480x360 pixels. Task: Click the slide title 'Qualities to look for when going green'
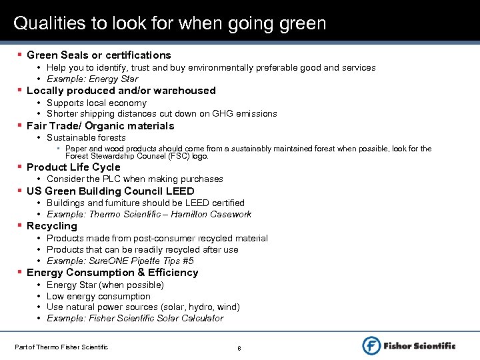pos(170,24)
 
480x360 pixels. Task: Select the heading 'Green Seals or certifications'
pos(99,55)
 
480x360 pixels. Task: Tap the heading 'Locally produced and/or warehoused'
pos(121,91)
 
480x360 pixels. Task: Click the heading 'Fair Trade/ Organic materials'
pos(100,126)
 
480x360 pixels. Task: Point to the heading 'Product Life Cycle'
pos(73,167)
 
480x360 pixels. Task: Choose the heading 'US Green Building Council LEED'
pos(111,191)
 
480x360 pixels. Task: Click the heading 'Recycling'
pos(52,226)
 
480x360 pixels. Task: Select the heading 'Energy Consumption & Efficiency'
pos(113,273)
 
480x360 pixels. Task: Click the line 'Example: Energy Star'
pos(92,79)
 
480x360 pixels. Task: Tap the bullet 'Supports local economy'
pos(97,103)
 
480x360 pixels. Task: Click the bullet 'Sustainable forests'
pos(86,138)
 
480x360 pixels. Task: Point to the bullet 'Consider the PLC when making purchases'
pos(135,179)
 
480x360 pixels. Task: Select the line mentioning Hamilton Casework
pos(149,215)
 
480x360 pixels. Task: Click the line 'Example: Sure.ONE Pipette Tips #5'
pos(120,261)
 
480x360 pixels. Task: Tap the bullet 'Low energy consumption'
pos(99,297)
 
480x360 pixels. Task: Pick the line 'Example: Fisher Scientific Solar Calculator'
pos(135,319)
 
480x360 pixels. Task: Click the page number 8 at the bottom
pos(239,348)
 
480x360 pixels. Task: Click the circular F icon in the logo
pos(371,345)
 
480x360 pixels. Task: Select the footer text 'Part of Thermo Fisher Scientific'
pos(61,347)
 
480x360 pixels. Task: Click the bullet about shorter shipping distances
pos(162,114)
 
